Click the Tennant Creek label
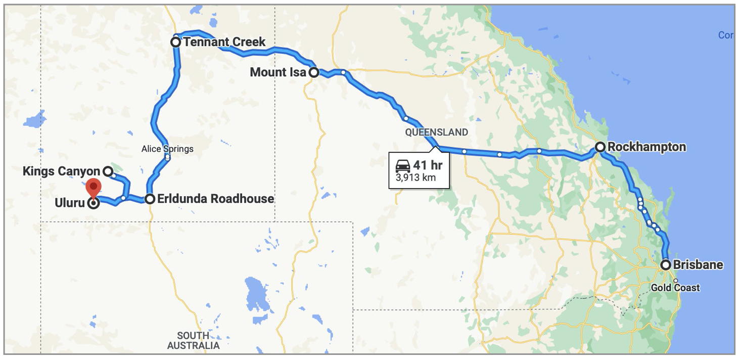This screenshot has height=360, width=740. click(224, 42)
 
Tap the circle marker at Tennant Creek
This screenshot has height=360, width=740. click(175, 42)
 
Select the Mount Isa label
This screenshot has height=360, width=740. click(277, 72)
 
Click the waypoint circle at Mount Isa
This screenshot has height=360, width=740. click(313, 72)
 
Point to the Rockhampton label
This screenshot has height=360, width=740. click(646, 147)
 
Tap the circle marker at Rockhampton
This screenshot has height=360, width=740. click(599, 147)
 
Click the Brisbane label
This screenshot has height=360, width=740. click(698, 265)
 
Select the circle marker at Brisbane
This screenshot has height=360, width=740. click(666, 264)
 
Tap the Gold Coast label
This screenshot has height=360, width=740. click(675, 288)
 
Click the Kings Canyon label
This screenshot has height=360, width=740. click(62, 171)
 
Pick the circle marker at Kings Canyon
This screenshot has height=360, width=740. click(108, 171)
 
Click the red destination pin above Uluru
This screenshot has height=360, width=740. click(94, 188)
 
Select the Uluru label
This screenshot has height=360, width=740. click(70, 204)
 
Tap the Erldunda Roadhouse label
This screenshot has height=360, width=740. click(215, 199)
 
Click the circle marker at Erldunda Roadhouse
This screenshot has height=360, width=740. click(150, 199)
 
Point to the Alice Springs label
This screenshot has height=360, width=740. click(167, 149)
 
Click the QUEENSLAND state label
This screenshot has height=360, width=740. click(436, 132)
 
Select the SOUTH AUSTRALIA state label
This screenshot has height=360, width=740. click(193, 341)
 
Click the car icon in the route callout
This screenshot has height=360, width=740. click(403, 166)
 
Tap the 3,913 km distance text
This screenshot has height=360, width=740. click(415, 178)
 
